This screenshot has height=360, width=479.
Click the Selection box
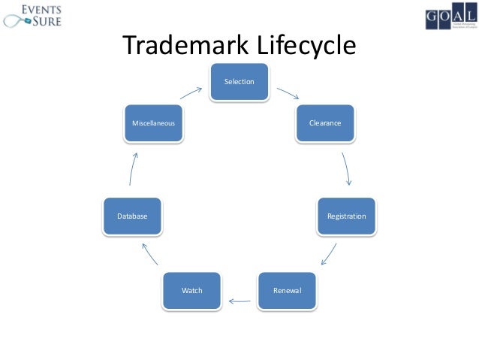239,81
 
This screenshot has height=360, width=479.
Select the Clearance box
324,123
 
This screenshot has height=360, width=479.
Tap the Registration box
346,216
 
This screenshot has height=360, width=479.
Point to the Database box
132,216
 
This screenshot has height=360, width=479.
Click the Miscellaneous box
154,123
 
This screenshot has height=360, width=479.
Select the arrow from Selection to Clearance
288,95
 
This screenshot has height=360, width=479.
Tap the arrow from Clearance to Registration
347,169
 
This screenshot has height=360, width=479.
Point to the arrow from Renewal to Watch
239,302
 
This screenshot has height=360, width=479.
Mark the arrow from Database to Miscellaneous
133,168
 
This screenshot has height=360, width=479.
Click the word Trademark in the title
185,47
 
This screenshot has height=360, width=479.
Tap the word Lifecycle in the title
305,47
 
